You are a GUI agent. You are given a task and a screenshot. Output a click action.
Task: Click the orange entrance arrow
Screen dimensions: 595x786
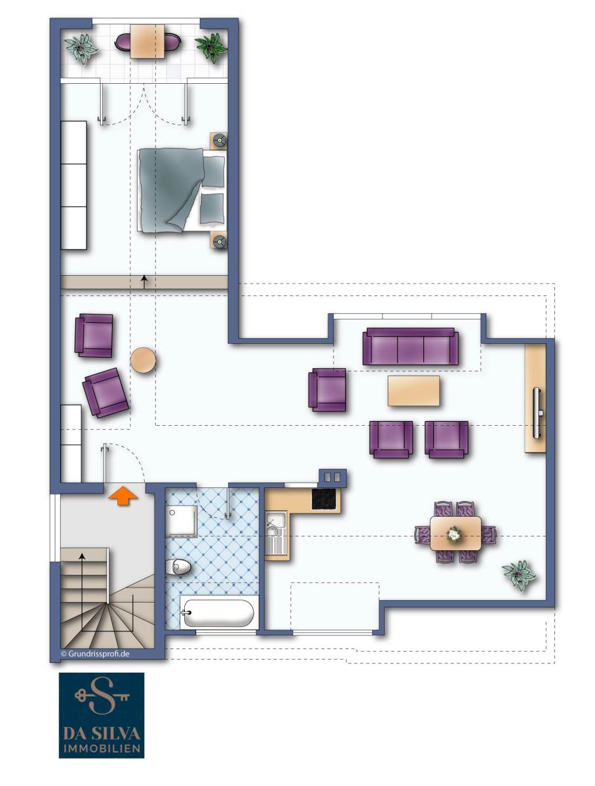pyautogui.click(x=123, y=495)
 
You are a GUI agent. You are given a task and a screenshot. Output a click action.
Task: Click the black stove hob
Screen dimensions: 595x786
pyautogui.click(x=324, y=498)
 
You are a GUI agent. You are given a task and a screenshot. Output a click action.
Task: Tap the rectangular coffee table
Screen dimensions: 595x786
pyautogui.click(x=413, y=390)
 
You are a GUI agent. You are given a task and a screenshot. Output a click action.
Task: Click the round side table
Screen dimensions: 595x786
pyautogui.click(x=143, y=360)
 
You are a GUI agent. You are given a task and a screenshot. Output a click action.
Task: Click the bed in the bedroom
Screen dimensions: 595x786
pyautogui.click(x=182, y=191)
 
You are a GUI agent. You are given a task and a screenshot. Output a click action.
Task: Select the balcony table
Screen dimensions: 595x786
pyautogui.click(x=147, y=41)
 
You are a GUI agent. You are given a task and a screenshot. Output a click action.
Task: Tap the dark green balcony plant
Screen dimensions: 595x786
pyautogui.click(x=212, y=47)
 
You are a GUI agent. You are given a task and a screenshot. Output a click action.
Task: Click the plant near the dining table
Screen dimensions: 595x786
pyautogui.click(x=519, y=575)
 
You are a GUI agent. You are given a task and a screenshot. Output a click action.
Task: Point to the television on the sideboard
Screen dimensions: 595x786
pyautogui.click(x=537, y=413)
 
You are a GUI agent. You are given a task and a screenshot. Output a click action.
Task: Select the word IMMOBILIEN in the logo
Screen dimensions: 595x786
pyautogui.click(x=102, y=748)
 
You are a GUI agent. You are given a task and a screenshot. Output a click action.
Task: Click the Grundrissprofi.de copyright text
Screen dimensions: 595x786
pyautogui.click(x=95, y=654)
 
